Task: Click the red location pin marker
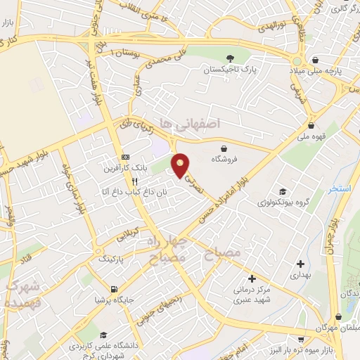181,165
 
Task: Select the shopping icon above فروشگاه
224,148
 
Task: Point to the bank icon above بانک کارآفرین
125,157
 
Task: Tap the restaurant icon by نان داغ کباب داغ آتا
134,180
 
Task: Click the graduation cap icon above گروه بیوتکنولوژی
283,191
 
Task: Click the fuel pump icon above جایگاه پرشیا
113,288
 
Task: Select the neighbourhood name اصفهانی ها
191,123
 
